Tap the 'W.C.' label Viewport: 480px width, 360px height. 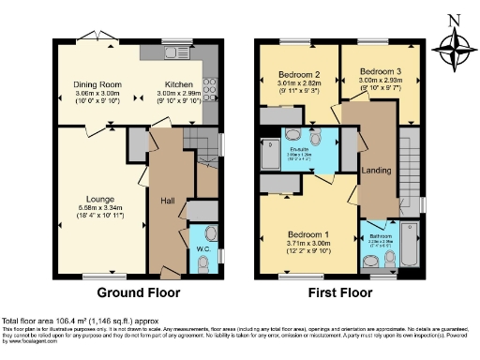tap(203, 248)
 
